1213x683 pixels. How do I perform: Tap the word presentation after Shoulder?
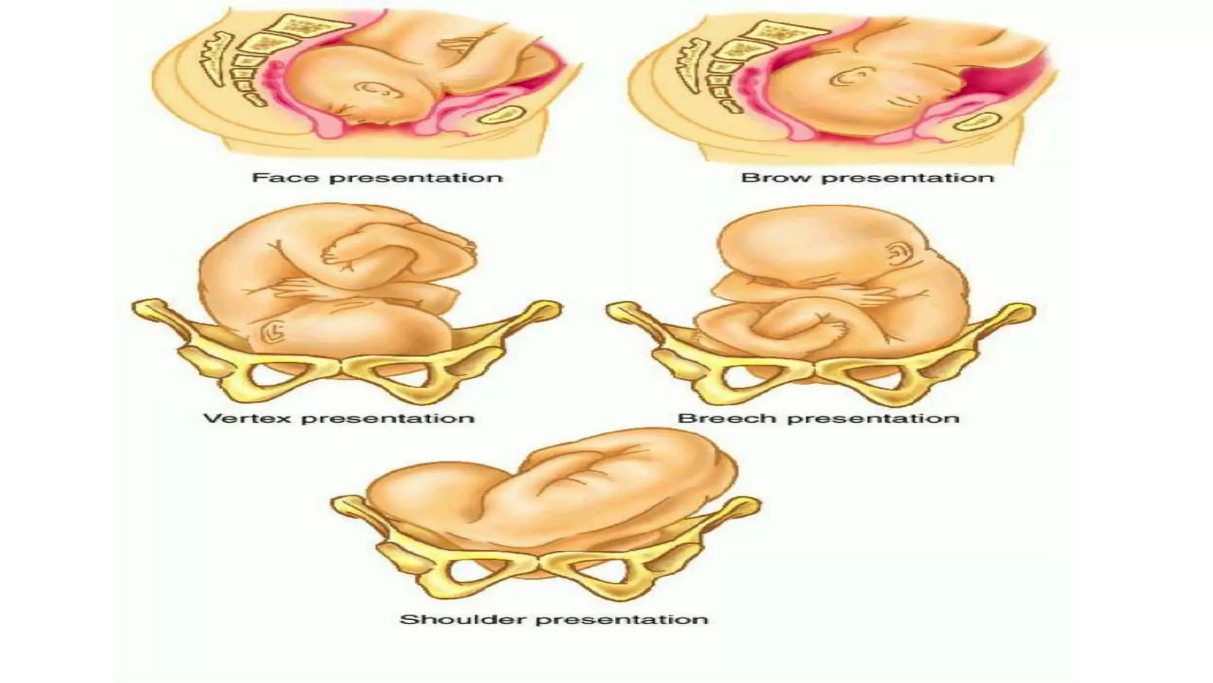(x=622, y=620)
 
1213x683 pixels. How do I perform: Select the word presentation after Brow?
(x=907, y=178)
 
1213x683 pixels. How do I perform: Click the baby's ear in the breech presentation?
(x=898, y=253)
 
